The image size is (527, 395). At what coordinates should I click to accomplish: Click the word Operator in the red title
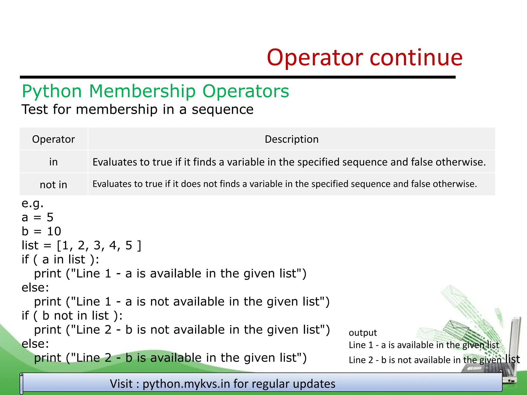315,58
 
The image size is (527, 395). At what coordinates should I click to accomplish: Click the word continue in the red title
416,58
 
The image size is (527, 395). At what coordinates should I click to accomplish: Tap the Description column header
292,139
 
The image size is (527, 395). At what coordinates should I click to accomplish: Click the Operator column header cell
54,139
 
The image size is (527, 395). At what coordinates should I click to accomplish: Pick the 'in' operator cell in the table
54,162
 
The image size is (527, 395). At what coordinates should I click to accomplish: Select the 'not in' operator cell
54,185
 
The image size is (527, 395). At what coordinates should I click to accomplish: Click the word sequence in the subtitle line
223,110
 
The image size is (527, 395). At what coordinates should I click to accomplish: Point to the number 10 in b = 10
54,231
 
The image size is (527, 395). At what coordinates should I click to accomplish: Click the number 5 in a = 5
50,217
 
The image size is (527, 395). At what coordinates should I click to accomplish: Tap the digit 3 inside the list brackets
97,245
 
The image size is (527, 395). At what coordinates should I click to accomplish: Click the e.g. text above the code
32,203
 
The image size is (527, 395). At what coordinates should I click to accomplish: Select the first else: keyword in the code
35,288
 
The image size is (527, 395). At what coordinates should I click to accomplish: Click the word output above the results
363,333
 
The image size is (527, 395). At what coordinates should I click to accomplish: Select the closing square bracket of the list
139,245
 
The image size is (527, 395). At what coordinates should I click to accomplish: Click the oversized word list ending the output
512,359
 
